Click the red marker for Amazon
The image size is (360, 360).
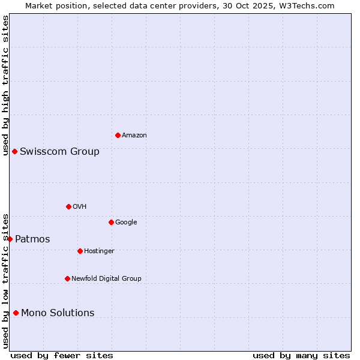tap(118, 135)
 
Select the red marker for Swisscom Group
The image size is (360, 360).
tap(14, 151)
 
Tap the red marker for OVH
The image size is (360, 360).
tap(68, 206)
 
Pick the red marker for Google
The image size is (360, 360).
tap(111, 222)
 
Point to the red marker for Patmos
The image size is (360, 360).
tap(10, 239)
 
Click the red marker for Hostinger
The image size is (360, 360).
tap(80, 251)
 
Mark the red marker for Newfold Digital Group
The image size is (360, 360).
tap(67, 278)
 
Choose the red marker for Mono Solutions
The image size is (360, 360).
tap(16, 313)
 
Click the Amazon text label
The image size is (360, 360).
tap(134, 136)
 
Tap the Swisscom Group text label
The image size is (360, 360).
tap(59, 151)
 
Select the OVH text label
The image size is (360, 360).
tap(80, 207)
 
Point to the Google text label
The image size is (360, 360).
tap(126, 223)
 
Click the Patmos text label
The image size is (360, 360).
tap(32, 239)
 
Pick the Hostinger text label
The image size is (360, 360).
tap(99, 251)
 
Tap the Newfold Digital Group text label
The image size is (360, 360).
tap(106, 279)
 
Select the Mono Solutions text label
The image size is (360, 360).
tap(58, 313)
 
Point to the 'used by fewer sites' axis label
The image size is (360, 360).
tap(62, 355)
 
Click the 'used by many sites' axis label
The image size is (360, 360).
tap(301, 355)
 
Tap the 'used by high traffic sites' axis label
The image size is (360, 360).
tap(5, 85)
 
